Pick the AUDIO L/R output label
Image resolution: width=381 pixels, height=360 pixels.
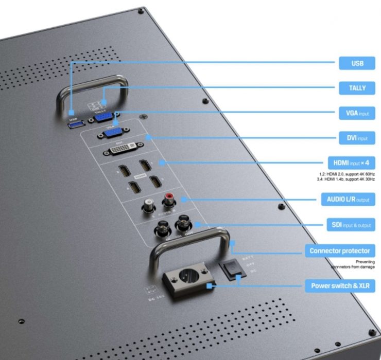tap(348, 199)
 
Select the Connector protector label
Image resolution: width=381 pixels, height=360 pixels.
tap(340, 251)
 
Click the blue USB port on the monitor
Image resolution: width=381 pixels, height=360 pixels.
tap(73, 124)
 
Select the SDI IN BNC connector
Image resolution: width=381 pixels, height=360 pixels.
tap(158, 230)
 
